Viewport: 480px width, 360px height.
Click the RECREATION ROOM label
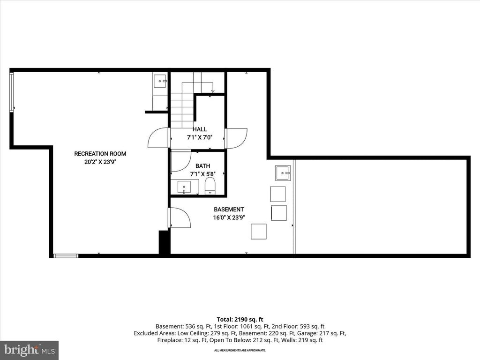pyautogui.click(x=100, y=154)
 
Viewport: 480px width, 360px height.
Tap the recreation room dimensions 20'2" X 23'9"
pyautogui.click(x=100, y=163)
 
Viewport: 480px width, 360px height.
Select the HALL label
pyautogui.click(x=199, y=129)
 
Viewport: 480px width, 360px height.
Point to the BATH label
pyautogui.click(x=202, y=166)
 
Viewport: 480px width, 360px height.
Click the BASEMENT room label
pyautogui.click(x=229, y=210)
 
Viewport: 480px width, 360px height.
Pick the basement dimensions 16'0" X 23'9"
pyautogui.click(x=229, y=217)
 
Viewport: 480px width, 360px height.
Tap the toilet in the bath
pyautogui.click(x=210, y=186)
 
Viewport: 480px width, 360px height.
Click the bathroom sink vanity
pyautogui.click(x=184, y=187)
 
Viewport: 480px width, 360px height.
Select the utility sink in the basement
pyautogui.click(x=283, y=172)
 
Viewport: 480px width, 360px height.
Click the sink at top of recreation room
pyautogui.click(x=160, y=81)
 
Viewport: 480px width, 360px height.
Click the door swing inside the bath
pyautogui.click(x=180, y=161)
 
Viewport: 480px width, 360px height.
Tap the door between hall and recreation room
pyautogui.click(x=158, y=138)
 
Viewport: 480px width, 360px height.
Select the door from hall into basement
pyautogui.click(x=236, y=138)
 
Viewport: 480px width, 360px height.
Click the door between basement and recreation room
pyautogui.click(x=180, y=218)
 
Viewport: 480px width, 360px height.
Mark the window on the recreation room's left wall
pyautogui.click(x=12, y=92)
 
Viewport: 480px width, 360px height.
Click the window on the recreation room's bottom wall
pyautogui.click(x=66, y=255)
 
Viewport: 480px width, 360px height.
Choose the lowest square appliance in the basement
pyautogui.click(x=258, y=232)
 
